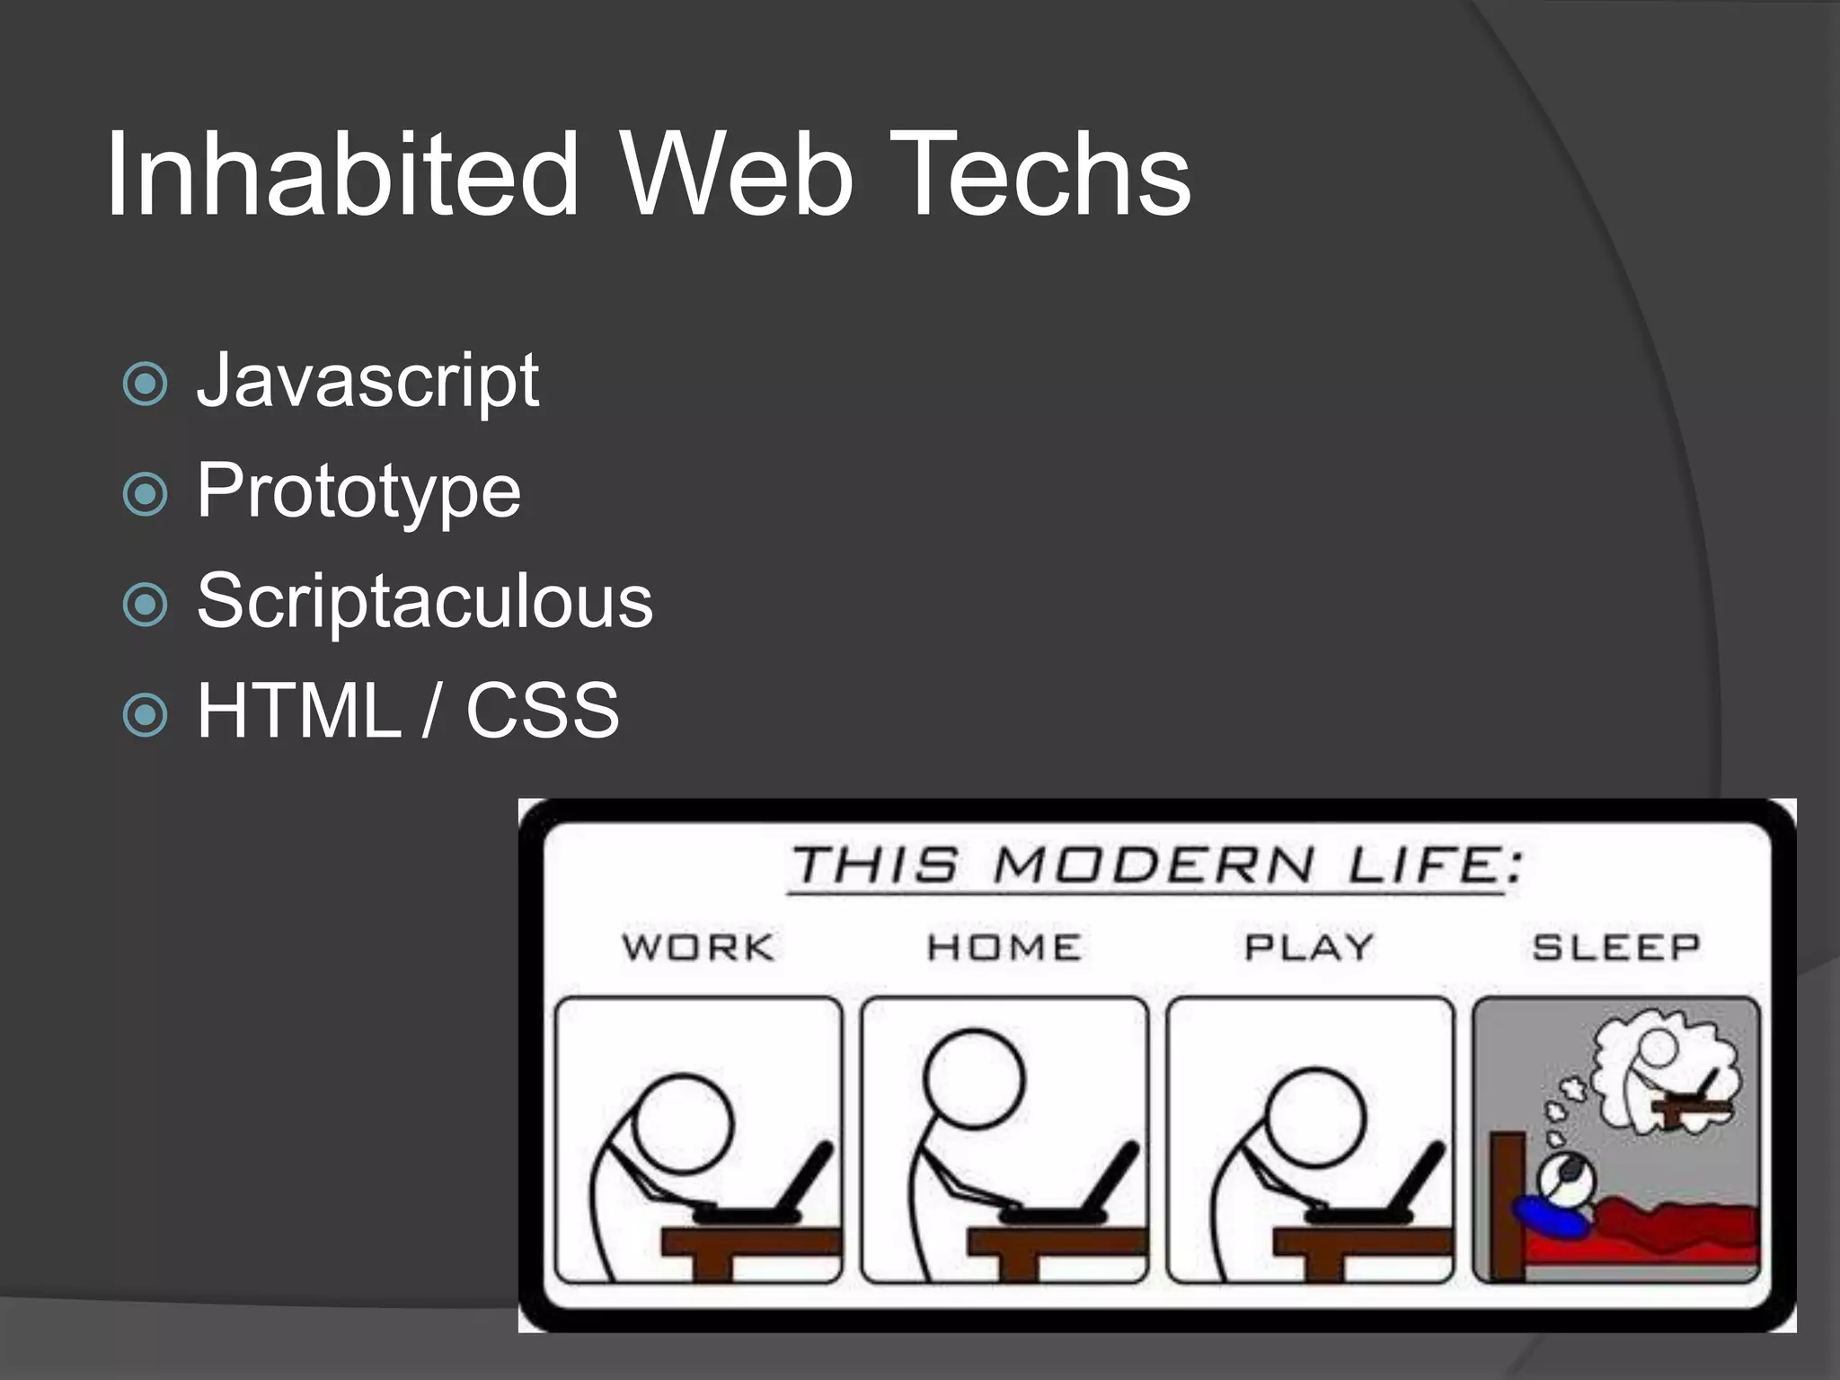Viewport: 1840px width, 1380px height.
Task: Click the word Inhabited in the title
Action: pyautogui.click(x=341, y=174)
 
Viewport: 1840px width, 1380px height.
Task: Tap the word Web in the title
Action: pyautogui.click(x=737, y=174)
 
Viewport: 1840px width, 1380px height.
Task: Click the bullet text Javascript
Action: pyautogui.click(x=367, y=381)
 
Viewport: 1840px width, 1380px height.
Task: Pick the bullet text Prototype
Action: pyautogui.click(x=358, y=491)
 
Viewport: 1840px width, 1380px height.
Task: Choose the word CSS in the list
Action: pyautogui.click(x=543, y=711)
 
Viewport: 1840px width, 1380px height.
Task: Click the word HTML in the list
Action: pyautogui.click(x=299, y=711)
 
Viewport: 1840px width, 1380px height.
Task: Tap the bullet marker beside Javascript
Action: pyautogui.click(x=146, y=385)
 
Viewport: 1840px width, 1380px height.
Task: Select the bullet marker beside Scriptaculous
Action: pyautogui.click(x=146, y=605)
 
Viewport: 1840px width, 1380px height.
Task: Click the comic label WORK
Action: pyautogui.click(x=698, y=947)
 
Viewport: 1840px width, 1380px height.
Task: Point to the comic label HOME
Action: pyautogui.click(x=1004, y=947)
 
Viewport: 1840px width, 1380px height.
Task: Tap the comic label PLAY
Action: pyautogui.click(x=1309, y=947)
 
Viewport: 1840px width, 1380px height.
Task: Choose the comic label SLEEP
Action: pyautogui.click(x=1616, y=947)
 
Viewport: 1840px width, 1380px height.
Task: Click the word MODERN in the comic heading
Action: pyautogui.click(x=1154, y=866)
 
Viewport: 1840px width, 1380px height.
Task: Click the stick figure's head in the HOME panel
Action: pyautogui.click(x=974, y=1078)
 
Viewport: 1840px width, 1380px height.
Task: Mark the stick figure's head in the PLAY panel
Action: pyautogui.click(x=1315, y=1117)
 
